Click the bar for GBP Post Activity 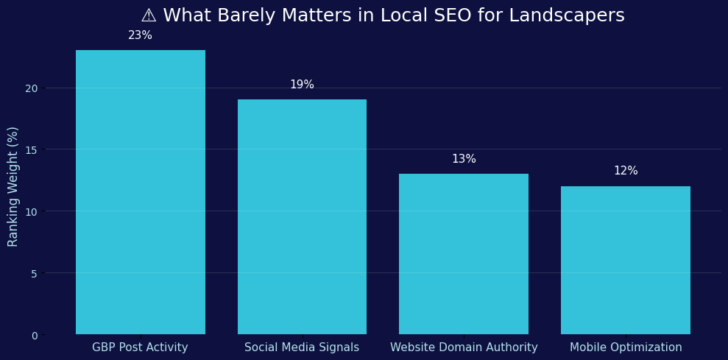[x=140, y=192]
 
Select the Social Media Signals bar [x=302, y=217]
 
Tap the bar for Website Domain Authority [x=464, y=254]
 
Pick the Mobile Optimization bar [x=625, y=260]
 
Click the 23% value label [x=140, y=35]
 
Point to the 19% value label [x=302, y=85]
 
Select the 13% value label [x=464, y=159]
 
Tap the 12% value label [x=625, y=171]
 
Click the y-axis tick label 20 [x=31, y=88]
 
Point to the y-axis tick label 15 [x=31, y=150]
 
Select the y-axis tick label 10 [x=31, y=212]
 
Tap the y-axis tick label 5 [x=34, y=274]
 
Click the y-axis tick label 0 [x=34, y=336]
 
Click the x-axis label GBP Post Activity [x=140, y=347]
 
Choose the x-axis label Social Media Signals [x=302, y=347]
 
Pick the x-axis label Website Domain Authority [x=464, y=347]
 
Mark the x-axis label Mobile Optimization [x=625, y=347]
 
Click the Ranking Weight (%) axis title [x=13, y=186]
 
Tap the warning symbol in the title [x=149, y=15]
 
